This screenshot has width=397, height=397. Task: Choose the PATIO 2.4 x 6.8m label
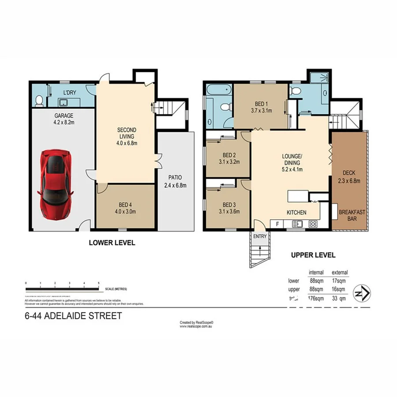pos(176,182)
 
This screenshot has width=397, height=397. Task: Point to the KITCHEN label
pos(296,213)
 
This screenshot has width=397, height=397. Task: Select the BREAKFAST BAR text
pos(352,215)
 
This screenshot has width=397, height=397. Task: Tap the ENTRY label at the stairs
pos(260,236)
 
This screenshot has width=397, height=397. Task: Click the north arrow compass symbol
pos(362,292)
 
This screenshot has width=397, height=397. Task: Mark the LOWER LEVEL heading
pos(112,243)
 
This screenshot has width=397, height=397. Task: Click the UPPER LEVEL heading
pos(313,255)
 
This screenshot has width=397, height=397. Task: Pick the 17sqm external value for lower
pos(339,281)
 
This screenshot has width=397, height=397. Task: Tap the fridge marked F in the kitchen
pos(277,224)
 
